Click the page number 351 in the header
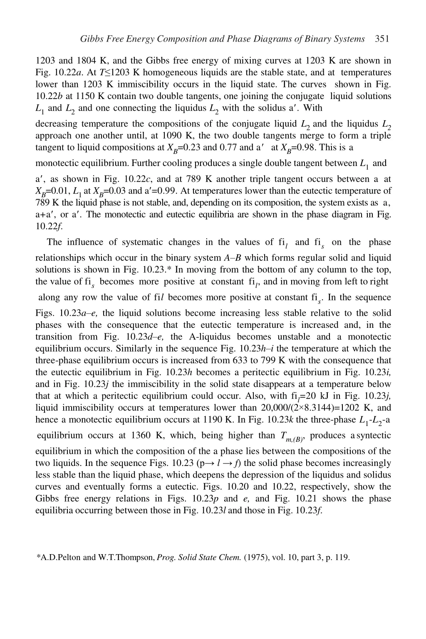click(381, 39)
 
